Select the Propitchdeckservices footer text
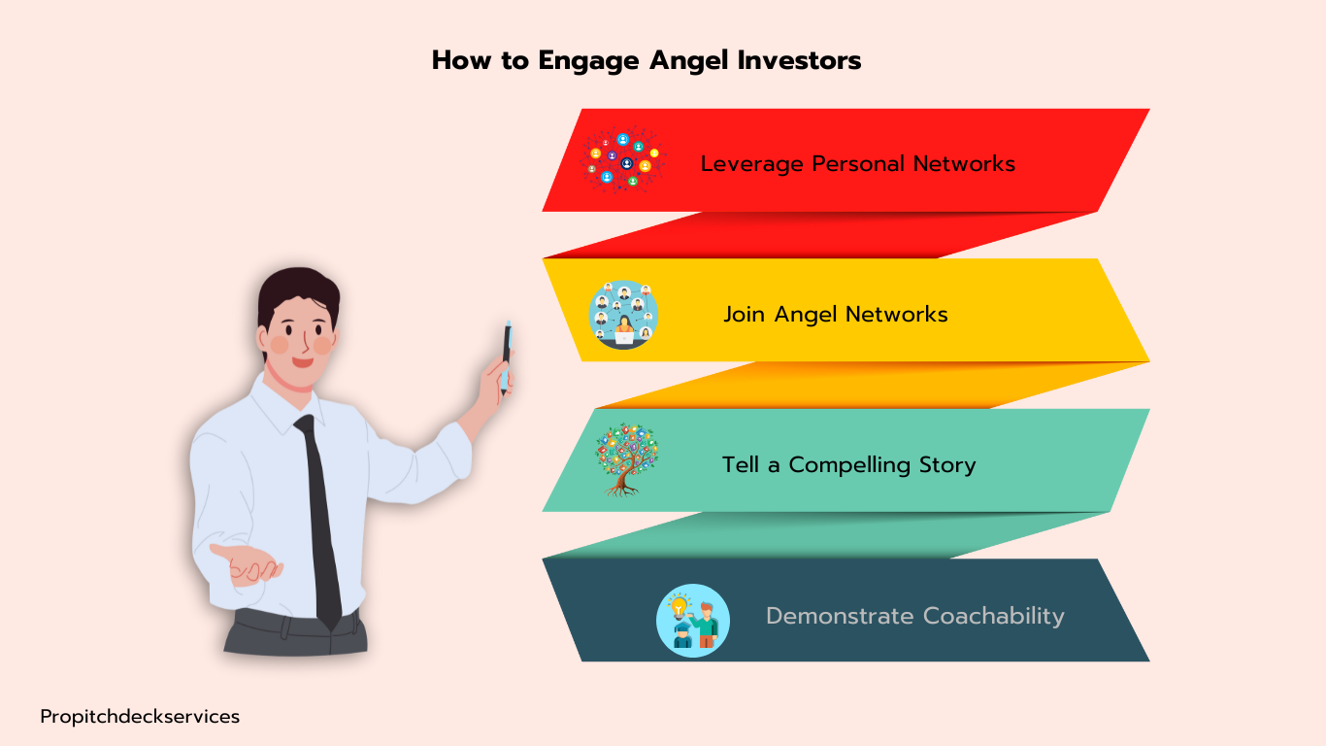140,717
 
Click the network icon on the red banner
622,160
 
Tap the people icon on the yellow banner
623,315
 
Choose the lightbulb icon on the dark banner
692,620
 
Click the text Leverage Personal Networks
857,163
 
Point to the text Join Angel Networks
835,314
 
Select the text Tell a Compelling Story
848,464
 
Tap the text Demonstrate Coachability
914,616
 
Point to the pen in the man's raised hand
506,356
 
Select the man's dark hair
296,291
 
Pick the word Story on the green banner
945,464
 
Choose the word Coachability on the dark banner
993,616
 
